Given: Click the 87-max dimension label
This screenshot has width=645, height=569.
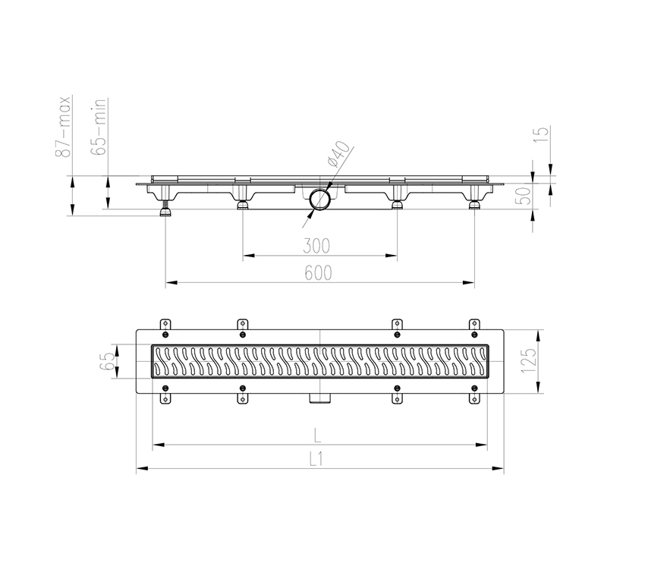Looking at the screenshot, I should coord(65,126).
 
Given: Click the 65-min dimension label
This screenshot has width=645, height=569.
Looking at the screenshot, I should coord(99,127).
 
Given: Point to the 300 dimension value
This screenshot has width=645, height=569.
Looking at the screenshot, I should coord(319,246).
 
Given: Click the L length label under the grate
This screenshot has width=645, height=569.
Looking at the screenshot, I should coord(319,435).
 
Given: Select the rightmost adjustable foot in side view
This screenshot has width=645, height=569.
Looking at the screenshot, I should coord(474,204).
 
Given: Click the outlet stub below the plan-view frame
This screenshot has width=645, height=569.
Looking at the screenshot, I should coord(320,398).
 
